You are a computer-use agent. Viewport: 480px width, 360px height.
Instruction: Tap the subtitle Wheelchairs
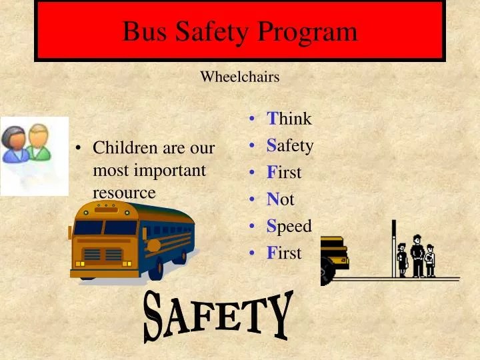(239, 77)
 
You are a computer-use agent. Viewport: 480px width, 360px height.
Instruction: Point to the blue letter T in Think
(272, 119)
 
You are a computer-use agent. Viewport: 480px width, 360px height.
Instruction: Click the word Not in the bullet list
(281, 199)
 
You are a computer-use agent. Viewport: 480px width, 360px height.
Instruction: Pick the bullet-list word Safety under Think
(290, 145)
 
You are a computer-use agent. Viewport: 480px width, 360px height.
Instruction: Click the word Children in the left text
(120, 147)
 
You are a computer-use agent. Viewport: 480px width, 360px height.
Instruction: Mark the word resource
(124, 193)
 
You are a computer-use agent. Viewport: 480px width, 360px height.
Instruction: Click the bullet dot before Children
(79, 148)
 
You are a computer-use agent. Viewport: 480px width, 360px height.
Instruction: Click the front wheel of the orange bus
(156, 269)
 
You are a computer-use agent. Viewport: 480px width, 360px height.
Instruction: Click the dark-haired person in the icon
(15, 145)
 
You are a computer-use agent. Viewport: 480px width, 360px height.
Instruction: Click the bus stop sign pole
(393, 247)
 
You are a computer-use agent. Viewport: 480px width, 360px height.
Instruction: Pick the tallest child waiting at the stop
(417, 255)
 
